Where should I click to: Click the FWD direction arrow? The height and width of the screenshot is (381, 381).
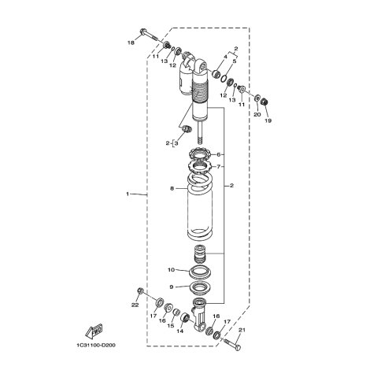[94, 331]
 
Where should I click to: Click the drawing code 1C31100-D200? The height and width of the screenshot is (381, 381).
[96, 346]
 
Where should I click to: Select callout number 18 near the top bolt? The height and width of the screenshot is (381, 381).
[131, 43]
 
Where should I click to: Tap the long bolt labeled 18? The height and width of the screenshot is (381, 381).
[149, 35]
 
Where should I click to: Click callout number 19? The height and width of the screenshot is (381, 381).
[268, 120]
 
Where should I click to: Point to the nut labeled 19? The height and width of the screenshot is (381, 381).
[264, 101]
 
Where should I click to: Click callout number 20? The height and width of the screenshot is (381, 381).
[257, 114]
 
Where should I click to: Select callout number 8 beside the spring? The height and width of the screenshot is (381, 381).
[172, 188]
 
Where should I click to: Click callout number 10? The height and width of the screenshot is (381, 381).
[171, 270]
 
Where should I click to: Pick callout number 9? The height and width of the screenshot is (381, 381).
[172, 287]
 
